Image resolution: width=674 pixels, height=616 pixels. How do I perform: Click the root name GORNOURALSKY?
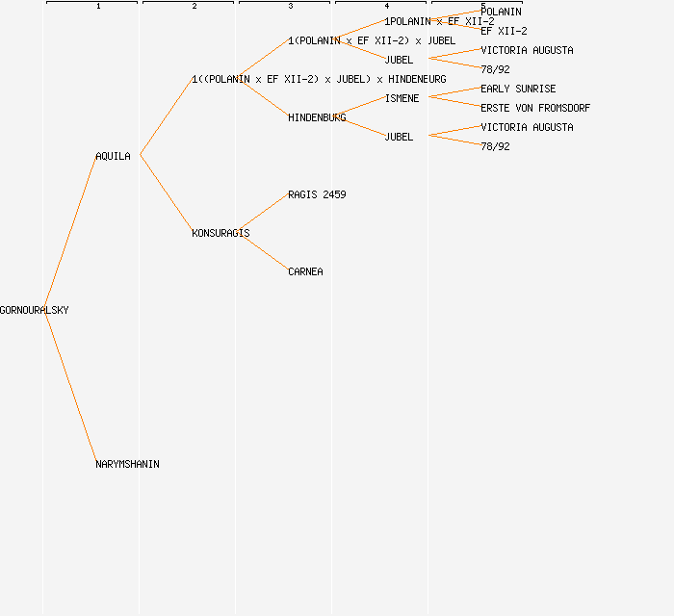coord(35,310)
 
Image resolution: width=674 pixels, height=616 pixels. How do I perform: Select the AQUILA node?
coord(113,156)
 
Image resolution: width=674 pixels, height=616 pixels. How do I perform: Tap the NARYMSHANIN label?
coord(127,464)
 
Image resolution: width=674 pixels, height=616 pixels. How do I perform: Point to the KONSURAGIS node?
coord(220,233)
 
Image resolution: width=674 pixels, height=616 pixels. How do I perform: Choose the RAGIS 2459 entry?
coord(317,194)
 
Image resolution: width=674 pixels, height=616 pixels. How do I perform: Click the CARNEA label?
coord(305,271)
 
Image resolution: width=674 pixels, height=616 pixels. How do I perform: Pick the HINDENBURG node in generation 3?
coord(317,117)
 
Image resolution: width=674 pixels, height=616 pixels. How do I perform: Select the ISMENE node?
coord(402,98)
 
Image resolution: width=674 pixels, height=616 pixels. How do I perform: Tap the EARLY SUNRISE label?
coord(518,89)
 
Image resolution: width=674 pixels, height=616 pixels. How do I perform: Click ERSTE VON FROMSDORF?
coord(535,108)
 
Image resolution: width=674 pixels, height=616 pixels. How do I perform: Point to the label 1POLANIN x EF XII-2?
coord(439,21)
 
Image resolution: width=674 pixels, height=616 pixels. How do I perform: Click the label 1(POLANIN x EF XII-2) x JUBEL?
coord(372,40)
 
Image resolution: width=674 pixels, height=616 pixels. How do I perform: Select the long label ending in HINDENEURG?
coord(319,79)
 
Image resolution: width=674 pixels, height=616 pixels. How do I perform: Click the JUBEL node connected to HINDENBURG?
coord(399,137)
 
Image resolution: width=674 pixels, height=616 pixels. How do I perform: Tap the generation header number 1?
coord(98,7)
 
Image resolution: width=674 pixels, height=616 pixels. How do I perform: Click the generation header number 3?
coord(291,7)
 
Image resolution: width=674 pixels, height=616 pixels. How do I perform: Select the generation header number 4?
coord(387,7)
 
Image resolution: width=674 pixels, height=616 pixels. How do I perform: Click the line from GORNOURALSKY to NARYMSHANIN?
coord(70,387)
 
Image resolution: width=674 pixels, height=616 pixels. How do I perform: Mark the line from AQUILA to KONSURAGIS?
coord(166,193)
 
